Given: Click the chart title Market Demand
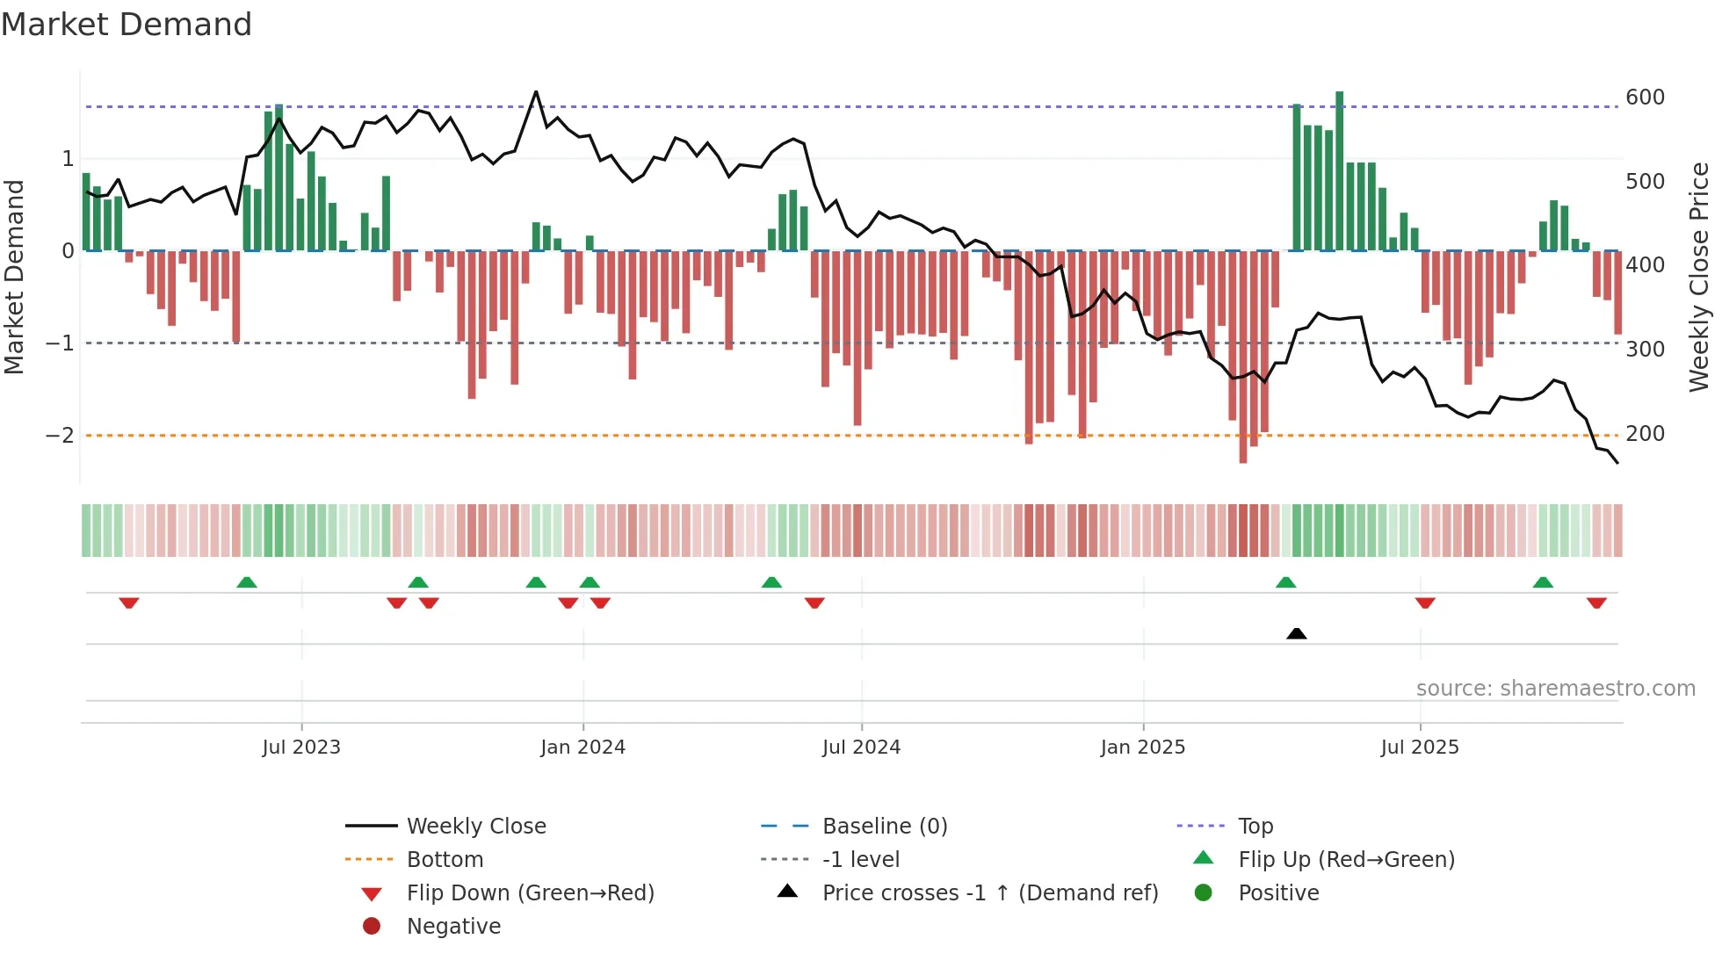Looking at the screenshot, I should (127, 25).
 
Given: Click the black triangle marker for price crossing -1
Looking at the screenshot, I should (1296, 633).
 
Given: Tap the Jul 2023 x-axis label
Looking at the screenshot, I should (301, 748).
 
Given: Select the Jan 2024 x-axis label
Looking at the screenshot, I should (582, 748).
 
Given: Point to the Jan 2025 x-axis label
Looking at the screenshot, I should (1142, 748).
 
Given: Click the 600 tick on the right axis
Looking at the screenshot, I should (1645, 98).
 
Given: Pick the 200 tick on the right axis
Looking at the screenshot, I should (1645, 434).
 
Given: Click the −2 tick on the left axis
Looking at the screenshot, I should (60, 436).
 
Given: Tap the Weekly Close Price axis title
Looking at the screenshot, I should (1699, 277).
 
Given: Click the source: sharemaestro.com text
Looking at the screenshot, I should (1555, 689).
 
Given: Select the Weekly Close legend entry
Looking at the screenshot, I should (476, 827).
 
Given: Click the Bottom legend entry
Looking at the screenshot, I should (445, 860).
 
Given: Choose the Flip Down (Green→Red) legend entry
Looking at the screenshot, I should (530, 893).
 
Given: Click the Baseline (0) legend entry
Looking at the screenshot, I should (885, 827).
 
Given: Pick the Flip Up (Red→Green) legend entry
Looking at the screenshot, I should (1346, 860).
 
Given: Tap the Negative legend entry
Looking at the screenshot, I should (453, 927).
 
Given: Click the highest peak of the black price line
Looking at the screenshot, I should (536, 91).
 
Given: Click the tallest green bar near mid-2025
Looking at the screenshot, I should (1339, 170).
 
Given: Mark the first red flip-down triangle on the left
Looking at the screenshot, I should (129, 603).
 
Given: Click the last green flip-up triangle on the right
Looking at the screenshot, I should (1543, 582).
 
